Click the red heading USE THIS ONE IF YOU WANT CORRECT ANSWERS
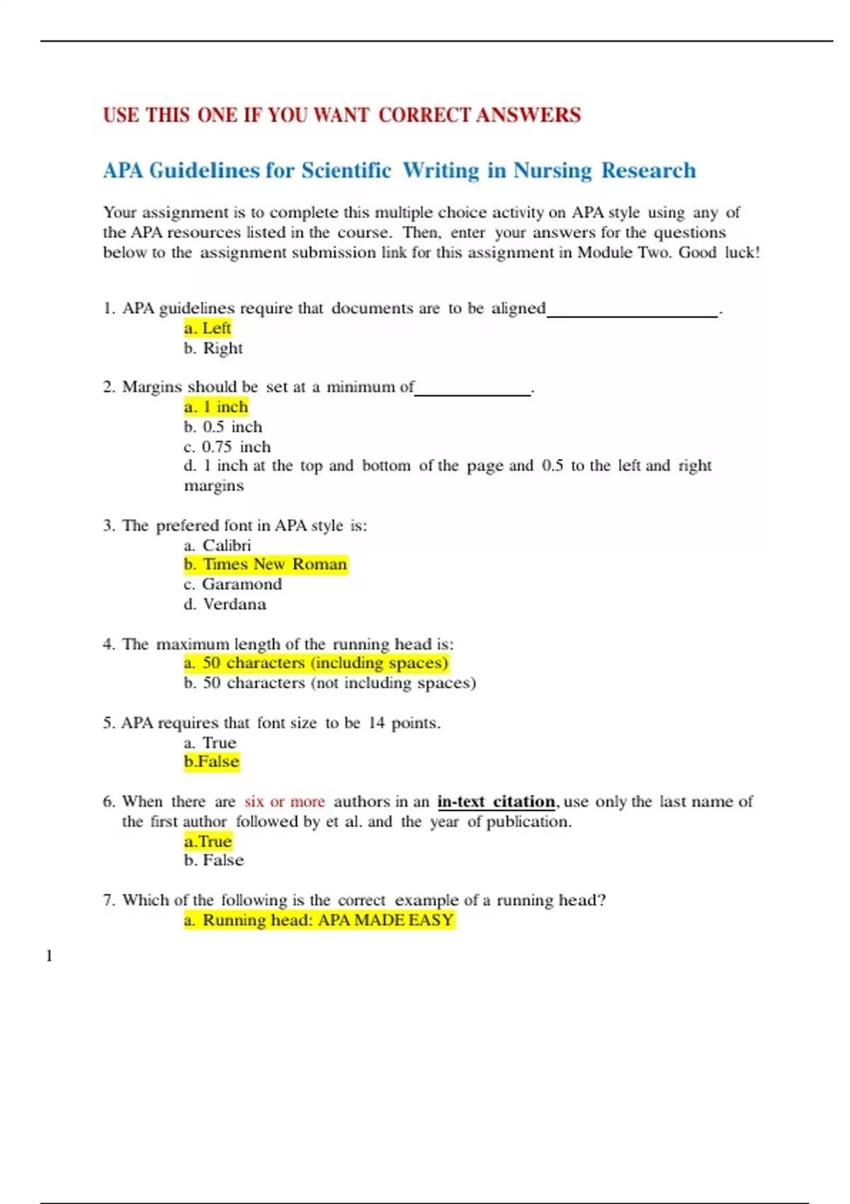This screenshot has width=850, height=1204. (341, 115)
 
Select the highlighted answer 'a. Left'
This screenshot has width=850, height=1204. (208, 328)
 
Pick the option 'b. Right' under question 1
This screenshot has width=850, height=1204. (213, 348)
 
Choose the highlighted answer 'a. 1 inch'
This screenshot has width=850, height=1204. (216, 407)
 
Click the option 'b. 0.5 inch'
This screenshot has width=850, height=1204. (222, 427)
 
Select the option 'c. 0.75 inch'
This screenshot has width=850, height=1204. (227, 447)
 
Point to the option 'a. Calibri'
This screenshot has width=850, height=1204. (217, 545)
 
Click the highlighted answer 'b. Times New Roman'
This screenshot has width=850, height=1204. (266, 564)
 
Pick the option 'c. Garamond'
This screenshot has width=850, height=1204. (232, 584)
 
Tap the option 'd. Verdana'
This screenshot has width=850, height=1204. (225, 604)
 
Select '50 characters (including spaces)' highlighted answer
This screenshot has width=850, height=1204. (316, 663)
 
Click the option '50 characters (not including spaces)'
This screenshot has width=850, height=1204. (329, 683)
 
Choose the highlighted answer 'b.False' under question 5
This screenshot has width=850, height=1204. (212, 761)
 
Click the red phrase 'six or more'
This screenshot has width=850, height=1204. (285, 802)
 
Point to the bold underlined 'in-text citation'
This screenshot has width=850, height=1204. (496, 802)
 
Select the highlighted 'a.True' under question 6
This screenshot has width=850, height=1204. (208, 841)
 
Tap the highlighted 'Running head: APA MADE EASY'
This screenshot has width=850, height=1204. (319, 920)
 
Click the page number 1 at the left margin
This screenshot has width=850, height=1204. (49, 956)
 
